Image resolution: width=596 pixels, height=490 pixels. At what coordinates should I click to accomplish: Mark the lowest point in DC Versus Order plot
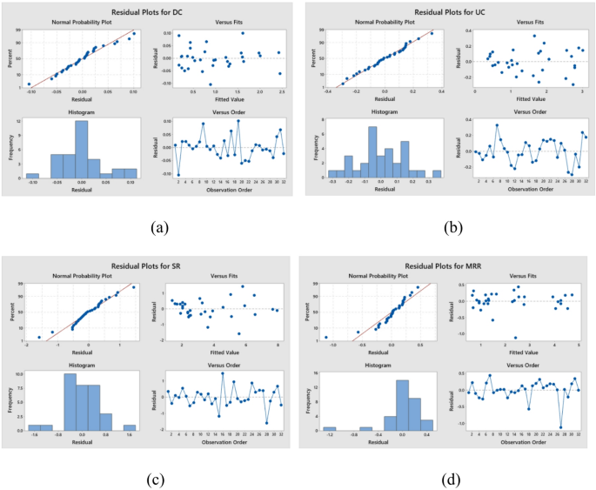click(x=179, y=175)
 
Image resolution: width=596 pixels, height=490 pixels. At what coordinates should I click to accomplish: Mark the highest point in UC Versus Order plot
click(x=497, y=125)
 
